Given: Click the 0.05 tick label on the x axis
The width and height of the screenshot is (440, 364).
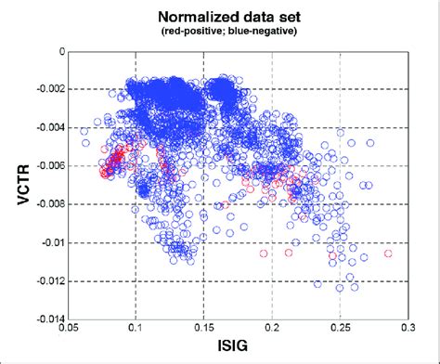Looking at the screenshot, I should point(69,329).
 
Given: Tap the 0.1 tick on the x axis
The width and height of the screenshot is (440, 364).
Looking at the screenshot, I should point(136,329).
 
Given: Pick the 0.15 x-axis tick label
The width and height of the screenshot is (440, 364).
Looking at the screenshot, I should point(203,329).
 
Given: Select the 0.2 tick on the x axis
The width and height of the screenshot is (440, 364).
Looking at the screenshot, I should point(272,329).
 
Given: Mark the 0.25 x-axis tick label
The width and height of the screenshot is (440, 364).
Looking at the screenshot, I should point(340,329).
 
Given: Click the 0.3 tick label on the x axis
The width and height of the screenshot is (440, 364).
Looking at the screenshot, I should point(408,329).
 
